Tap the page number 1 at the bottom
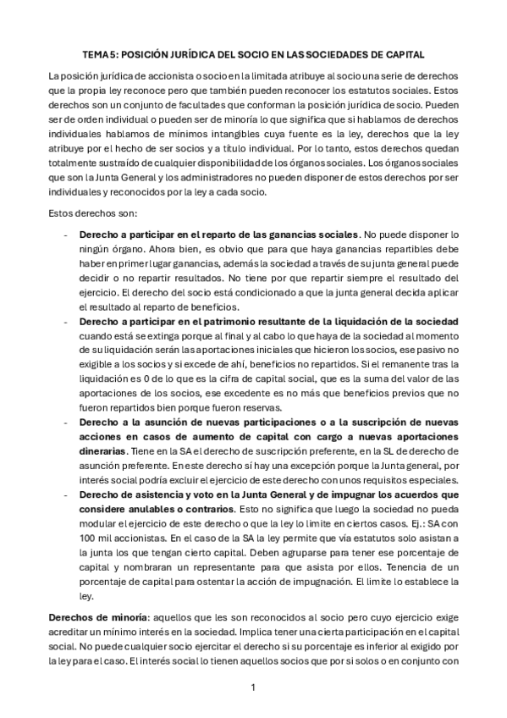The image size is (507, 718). tap(252, 688)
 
